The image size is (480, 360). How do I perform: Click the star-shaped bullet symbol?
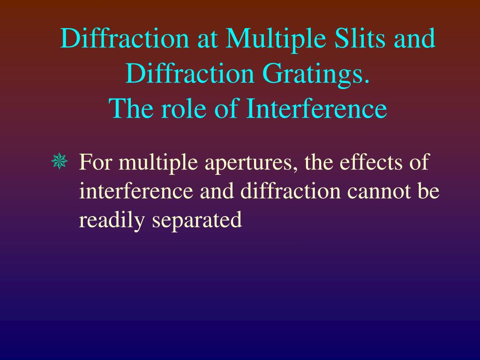click(60, 163)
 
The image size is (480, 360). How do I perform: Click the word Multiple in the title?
click(272, 39)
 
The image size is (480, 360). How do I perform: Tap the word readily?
click(112, 220)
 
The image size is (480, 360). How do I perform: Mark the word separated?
click(197, 220)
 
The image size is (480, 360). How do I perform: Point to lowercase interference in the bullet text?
click(136, 191)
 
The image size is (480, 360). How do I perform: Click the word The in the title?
click(131, 109)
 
